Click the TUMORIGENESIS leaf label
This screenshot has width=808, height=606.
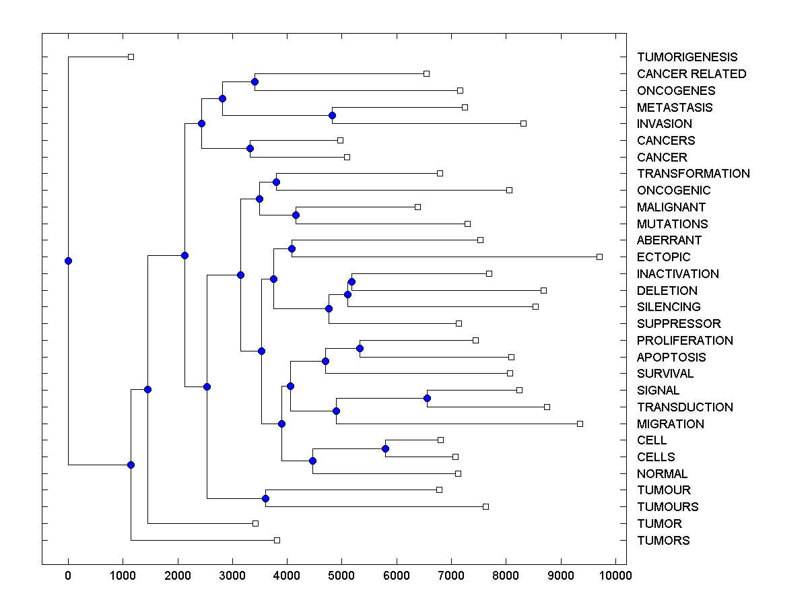687,57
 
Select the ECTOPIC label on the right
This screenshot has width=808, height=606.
663,257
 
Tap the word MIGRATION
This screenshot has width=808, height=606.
670,424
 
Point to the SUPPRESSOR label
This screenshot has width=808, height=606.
679,324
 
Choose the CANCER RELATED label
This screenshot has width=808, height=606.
692,74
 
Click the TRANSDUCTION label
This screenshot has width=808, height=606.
685,407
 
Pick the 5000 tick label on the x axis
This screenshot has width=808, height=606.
341,575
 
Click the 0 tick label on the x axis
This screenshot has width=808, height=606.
68,575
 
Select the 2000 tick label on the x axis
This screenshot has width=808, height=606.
177,575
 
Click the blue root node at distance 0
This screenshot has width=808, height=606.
68,261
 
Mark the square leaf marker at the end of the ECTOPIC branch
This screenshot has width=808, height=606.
599,257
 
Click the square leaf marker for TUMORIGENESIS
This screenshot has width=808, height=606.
131,57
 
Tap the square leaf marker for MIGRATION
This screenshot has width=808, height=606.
580,424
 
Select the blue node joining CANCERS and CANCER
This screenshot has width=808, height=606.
250,148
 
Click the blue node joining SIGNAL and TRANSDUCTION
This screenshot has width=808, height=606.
427,398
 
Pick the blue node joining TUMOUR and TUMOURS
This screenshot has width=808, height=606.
265,498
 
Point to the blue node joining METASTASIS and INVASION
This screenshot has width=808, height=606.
332,115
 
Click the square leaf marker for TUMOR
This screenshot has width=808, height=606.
255,523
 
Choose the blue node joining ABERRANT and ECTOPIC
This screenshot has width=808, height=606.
292,248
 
